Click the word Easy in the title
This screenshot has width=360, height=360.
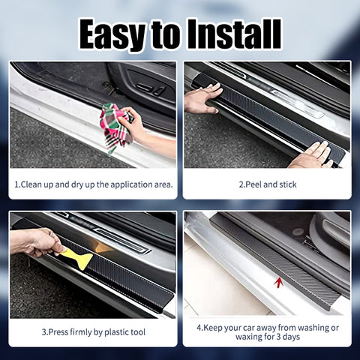coord(112,35)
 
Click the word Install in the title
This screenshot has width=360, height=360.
coord(234,34)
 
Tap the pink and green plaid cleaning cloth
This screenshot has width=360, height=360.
coord(115,127)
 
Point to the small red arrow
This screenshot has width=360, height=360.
coord(278,283)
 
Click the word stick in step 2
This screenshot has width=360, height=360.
coord(288,184)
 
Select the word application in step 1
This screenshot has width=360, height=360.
coord(131,185)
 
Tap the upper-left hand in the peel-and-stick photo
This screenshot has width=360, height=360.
coord(202,98)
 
